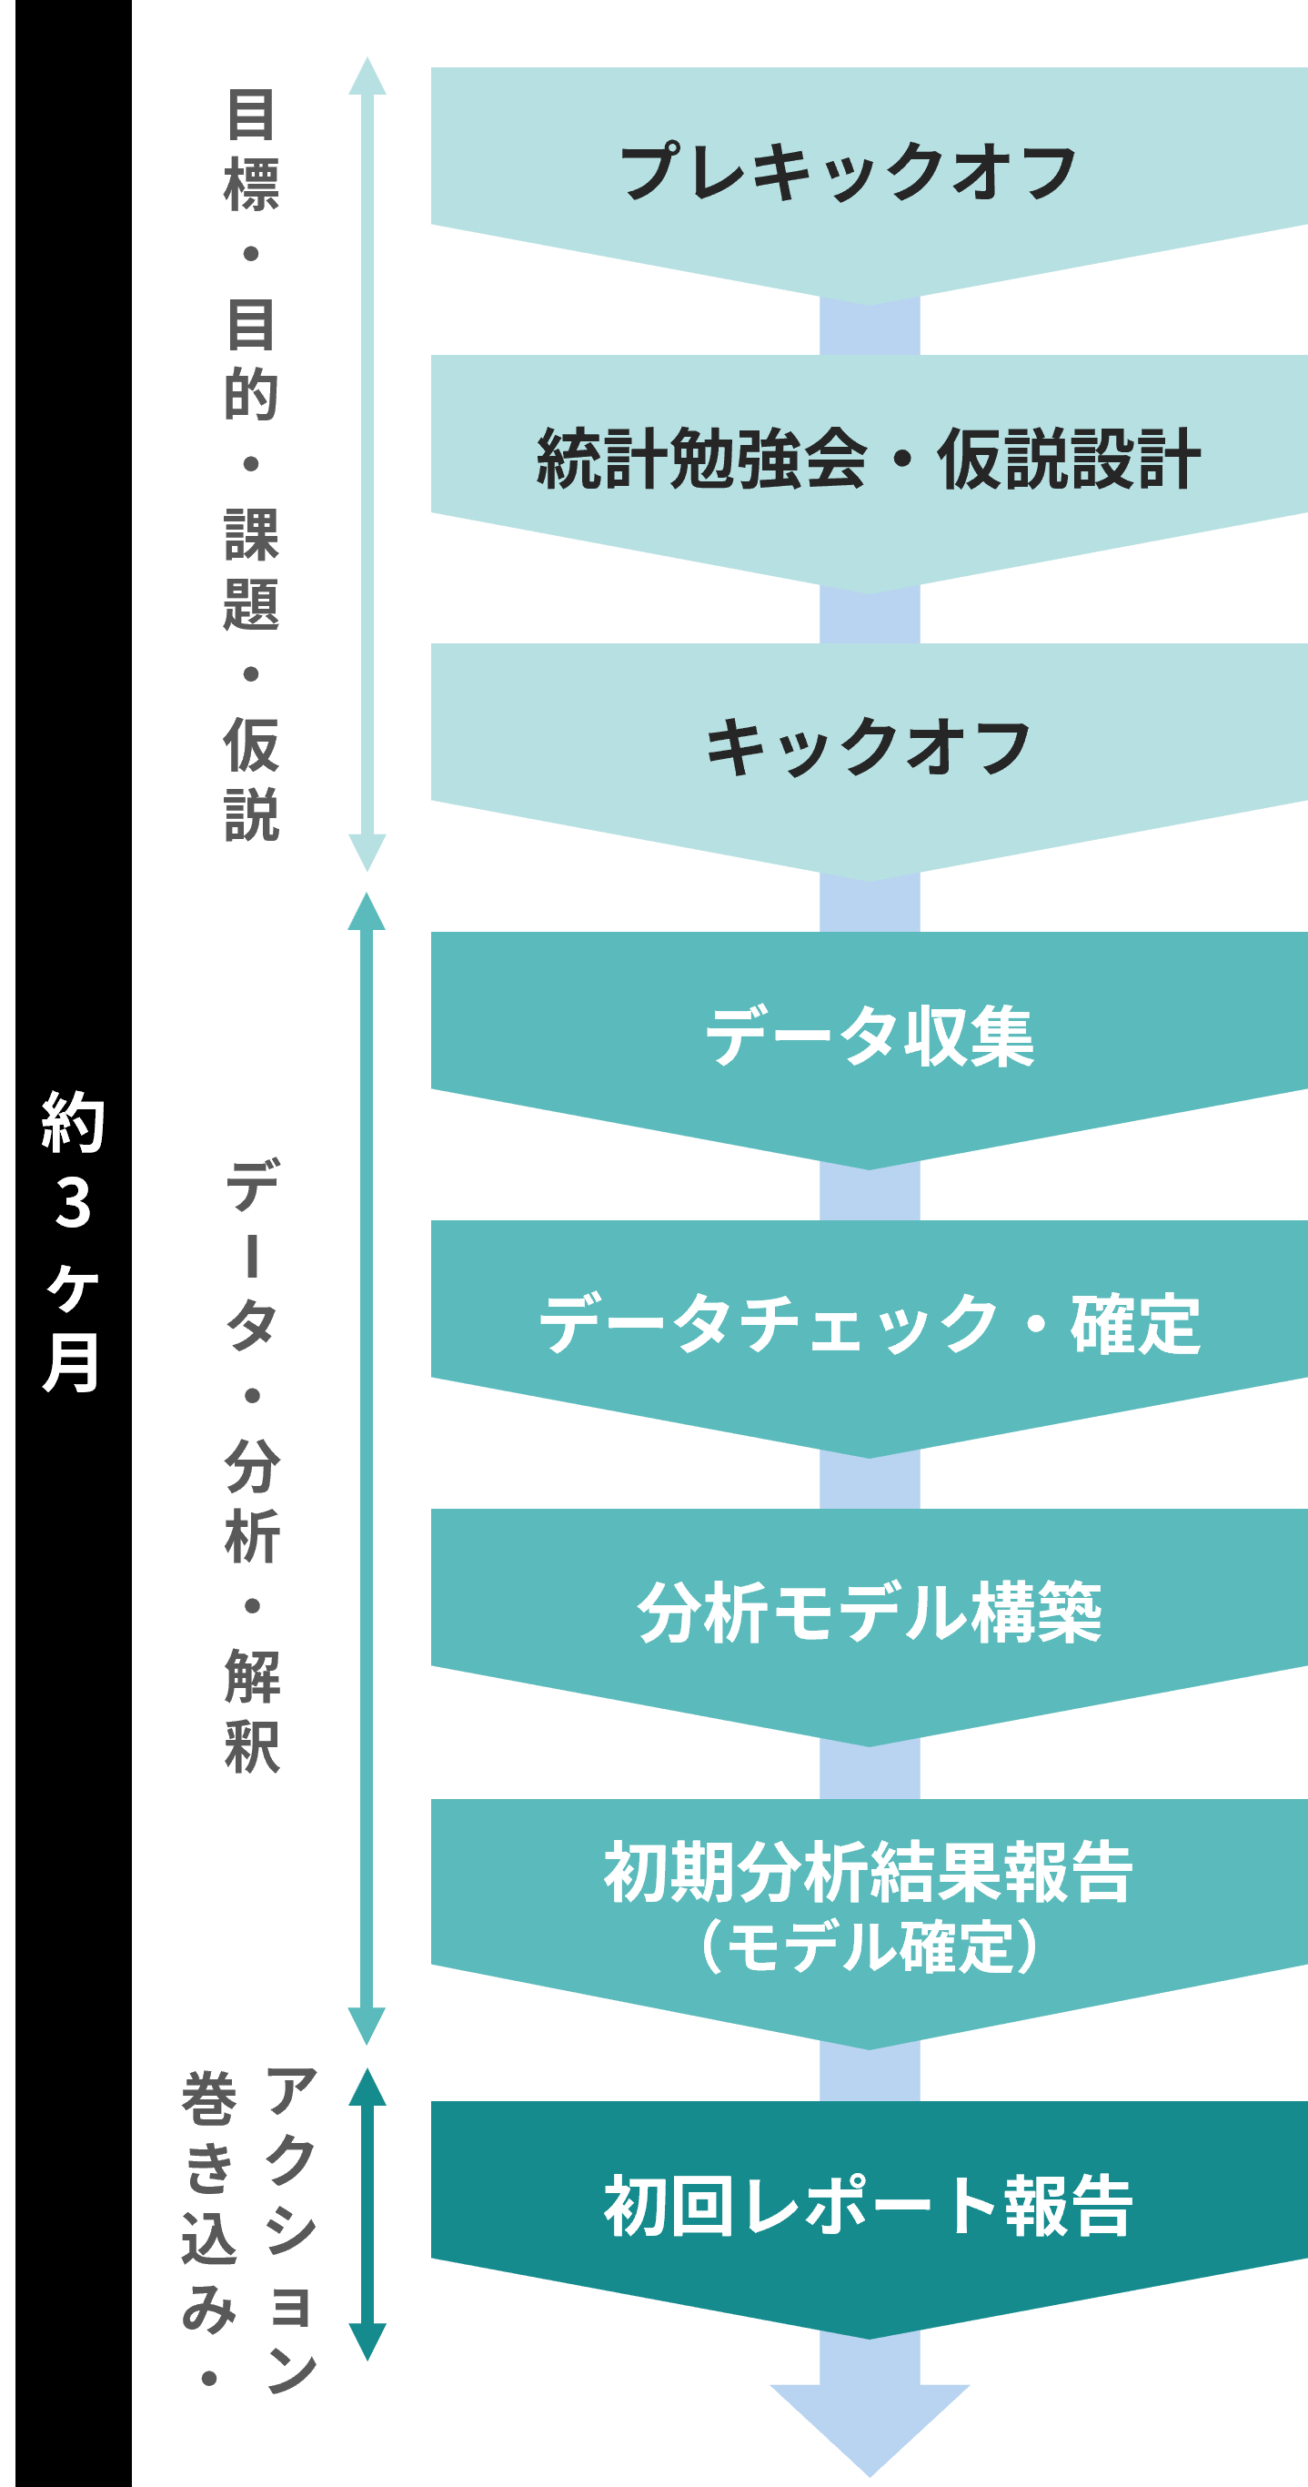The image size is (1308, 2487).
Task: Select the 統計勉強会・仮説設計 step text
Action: (869, 459)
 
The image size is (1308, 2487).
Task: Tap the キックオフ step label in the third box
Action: (869, 747)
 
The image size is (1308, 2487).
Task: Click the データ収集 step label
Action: (869, 1036)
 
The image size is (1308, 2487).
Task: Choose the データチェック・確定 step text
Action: (869, 1324)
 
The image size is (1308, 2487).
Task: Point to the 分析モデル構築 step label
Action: (869, 1613)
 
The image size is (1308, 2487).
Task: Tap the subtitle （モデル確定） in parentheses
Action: (869, 1946)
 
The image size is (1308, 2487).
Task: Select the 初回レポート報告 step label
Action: (869, 2206)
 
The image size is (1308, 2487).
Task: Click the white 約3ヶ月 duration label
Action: (73, 1241)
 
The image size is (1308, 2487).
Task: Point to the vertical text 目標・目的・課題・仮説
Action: (251, 463)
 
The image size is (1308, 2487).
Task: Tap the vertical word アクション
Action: (290, 2229)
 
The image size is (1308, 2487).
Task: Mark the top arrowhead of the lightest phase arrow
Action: (367, 77)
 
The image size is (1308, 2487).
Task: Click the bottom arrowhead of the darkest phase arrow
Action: (367, 2340)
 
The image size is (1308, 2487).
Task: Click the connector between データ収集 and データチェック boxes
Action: (869, 1193)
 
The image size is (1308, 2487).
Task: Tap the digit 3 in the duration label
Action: (73, 1203)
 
